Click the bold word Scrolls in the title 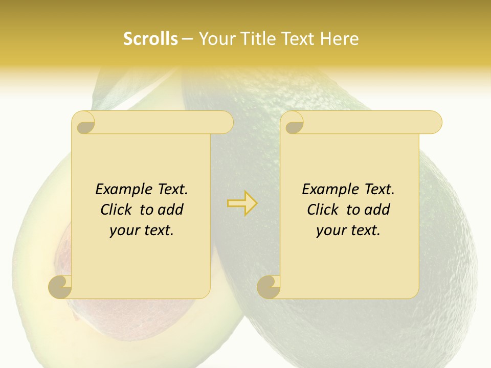(x=151, y=39)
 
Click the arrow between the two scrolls (x=242, y=203)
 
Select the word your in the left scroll (x=123, y=231)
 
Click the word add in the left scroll (x=170, y=210)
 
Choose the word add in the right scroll (x=377, y=210)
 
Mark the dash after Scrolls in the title (x=187, y=39)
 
